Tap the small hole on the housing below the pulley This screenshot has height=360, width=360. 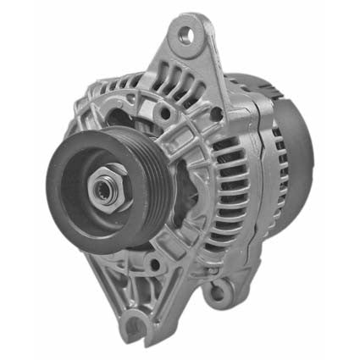click(x=155, y=268)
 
